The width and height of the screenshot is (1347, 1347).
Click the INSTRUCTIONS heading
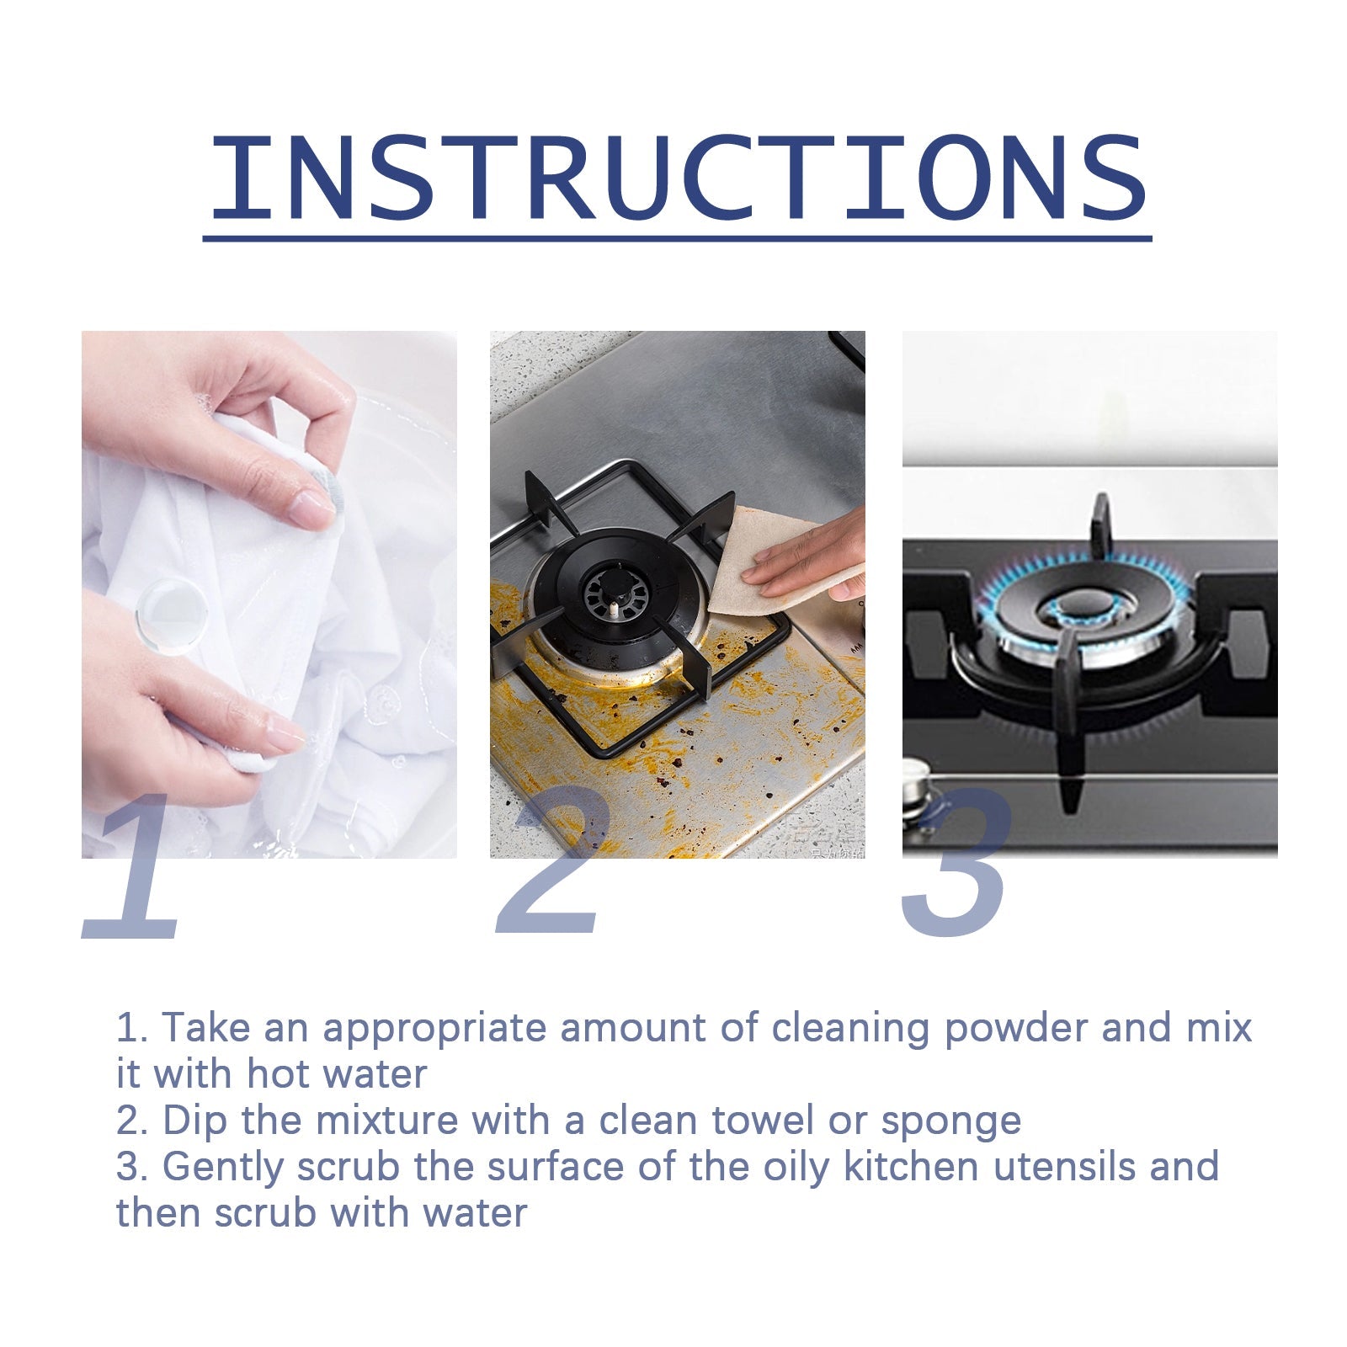pyautogui.click(x=678, y=178)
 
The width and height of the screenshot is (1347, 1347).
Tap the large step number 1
pyautogui.click(x=135, y=871)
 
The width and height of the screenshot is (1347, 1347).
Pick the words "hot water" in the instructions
pyautogui.click(x=337, y=1074)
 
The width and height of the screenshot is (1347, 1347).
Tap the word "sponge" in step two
pyautogui.click(x=950, y=1121)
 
